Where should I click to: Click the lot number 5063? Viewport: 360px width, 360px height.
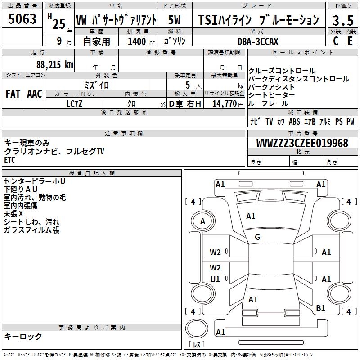coord(22,19)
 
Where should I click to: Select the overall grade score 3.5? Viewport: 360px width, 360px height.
coord(343,20)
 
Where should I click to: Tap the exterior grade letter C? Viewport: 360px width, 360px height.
coord(336,41)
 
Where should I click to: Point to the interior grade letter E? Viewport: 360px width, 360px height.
coord(350,41)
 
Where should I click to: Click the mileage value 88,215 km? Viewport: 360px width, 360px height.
coord(55,64)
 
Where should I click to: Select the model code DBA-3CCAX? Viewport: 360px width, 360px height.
coord(258,41)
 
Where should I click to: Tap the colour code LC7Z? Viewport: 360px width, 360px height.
coord(74,103)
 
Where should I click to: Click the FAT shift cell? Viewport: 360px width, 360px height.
coord(13,94)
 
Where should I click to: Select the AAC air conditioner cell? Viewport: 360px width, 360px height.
coord(35,94)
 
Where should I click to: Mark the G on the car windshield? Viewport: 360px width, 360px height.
coord(257,237)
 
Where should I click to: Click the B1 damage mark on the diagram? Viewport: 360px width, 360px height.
coord(320,308)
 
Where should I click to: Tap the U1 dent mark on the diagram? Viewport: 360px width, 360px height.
coord(216,279)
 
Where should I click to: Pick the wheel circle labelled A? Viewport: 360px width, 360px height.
coord(202,221)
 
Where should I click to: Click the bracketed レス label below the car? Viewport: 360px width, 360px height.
coord(196,345)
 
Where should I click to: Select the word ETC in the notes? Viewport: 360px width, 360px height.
coord(10,160)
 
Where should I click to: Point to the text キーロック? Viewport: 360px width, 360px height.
coord(23,336)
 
